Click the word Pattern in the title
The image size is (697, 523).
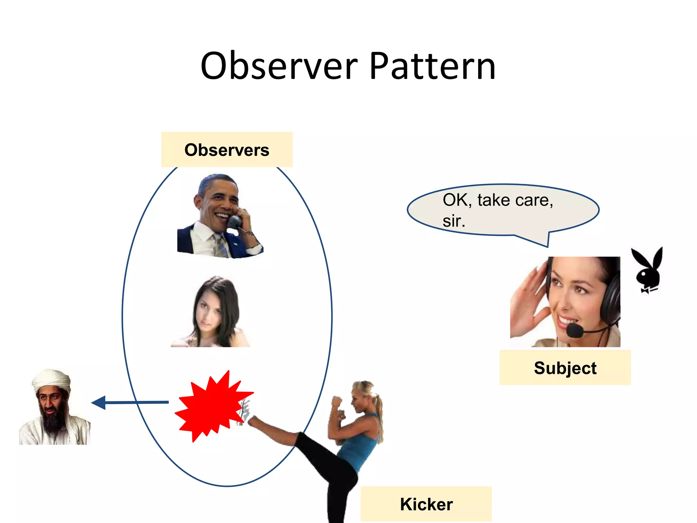[x=432, y=66]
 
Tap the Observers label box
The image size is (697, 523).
[x=227, y=150]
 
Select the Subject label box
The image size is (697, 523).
[x=565, y=368]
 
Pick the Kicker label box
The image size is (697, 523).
[x=426, y=504]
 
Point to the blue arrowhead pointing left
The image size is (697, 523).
[x=99, y=403]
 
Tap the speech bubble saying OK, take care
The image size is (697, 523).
[x=503, y=210]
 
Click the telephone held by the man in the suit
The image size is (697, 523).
[x=235, y=223]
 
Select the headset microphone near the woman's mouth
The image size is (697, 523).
[x=575, y=330]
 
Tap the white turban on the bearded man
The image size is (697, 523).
[x=51, y=380]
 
